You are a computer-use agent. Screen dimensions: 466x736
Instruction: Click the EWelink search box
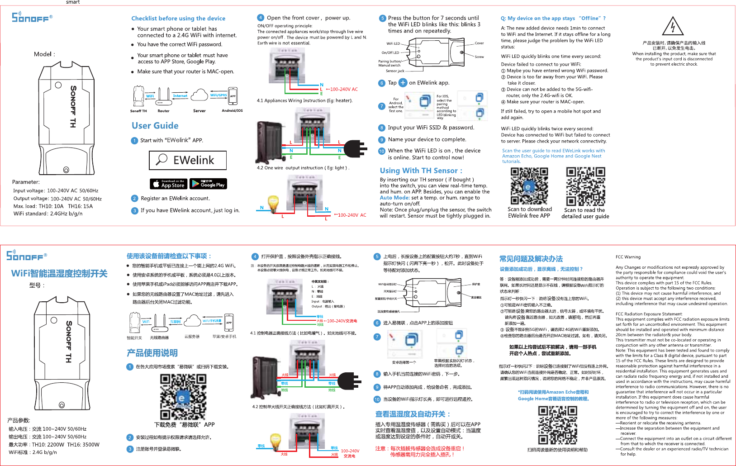point(188,160)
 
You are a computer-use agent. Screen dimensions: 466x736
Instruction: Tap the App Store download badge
point(168,184)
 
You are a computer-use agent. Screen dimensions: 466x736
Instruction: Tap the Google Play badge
point(208,184)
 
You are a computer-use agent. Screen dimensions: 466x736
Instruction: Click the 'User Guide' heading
point(155,126)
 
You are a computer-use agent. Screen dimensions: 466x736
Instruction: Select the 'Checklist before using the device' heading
point(178,19)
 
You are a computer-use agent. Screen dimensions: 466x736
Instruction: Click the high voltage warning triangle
point(673,27)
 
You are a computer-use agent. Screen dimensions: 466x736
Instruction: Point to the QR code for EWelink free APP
point(529,186)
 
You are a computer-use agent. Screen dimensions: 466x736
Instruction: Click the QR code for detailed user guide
point(585,186)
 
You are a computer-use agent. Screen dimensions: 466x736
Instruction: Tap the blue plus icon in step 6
point(403,83)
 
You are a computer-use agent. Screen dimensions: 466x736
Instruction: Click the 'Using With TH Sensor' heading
point(421,171)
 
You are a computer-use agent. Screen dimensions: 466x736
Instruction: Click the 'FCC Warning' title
point(628,257)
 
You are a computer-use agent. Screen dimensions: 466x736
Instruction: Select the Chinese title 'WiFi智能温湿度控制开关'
point(59,273)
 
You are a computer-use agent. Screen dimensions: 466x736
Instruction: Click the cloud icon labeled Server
point(199,95)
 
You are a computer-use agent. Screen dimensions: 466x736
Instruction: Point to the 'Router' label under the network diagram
point(163,111)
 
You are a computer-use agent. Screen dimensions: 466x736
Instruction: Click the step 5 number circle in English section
point(382,19)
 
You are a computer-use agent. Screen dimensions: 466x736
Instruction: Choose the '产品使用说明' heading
point(152,353)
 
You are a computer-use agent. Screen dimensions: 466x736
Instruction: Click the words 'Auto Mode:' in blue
point(394,198)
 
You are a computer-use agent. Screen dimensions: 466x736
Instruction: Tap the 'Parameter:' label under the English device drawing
point(26,182)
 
